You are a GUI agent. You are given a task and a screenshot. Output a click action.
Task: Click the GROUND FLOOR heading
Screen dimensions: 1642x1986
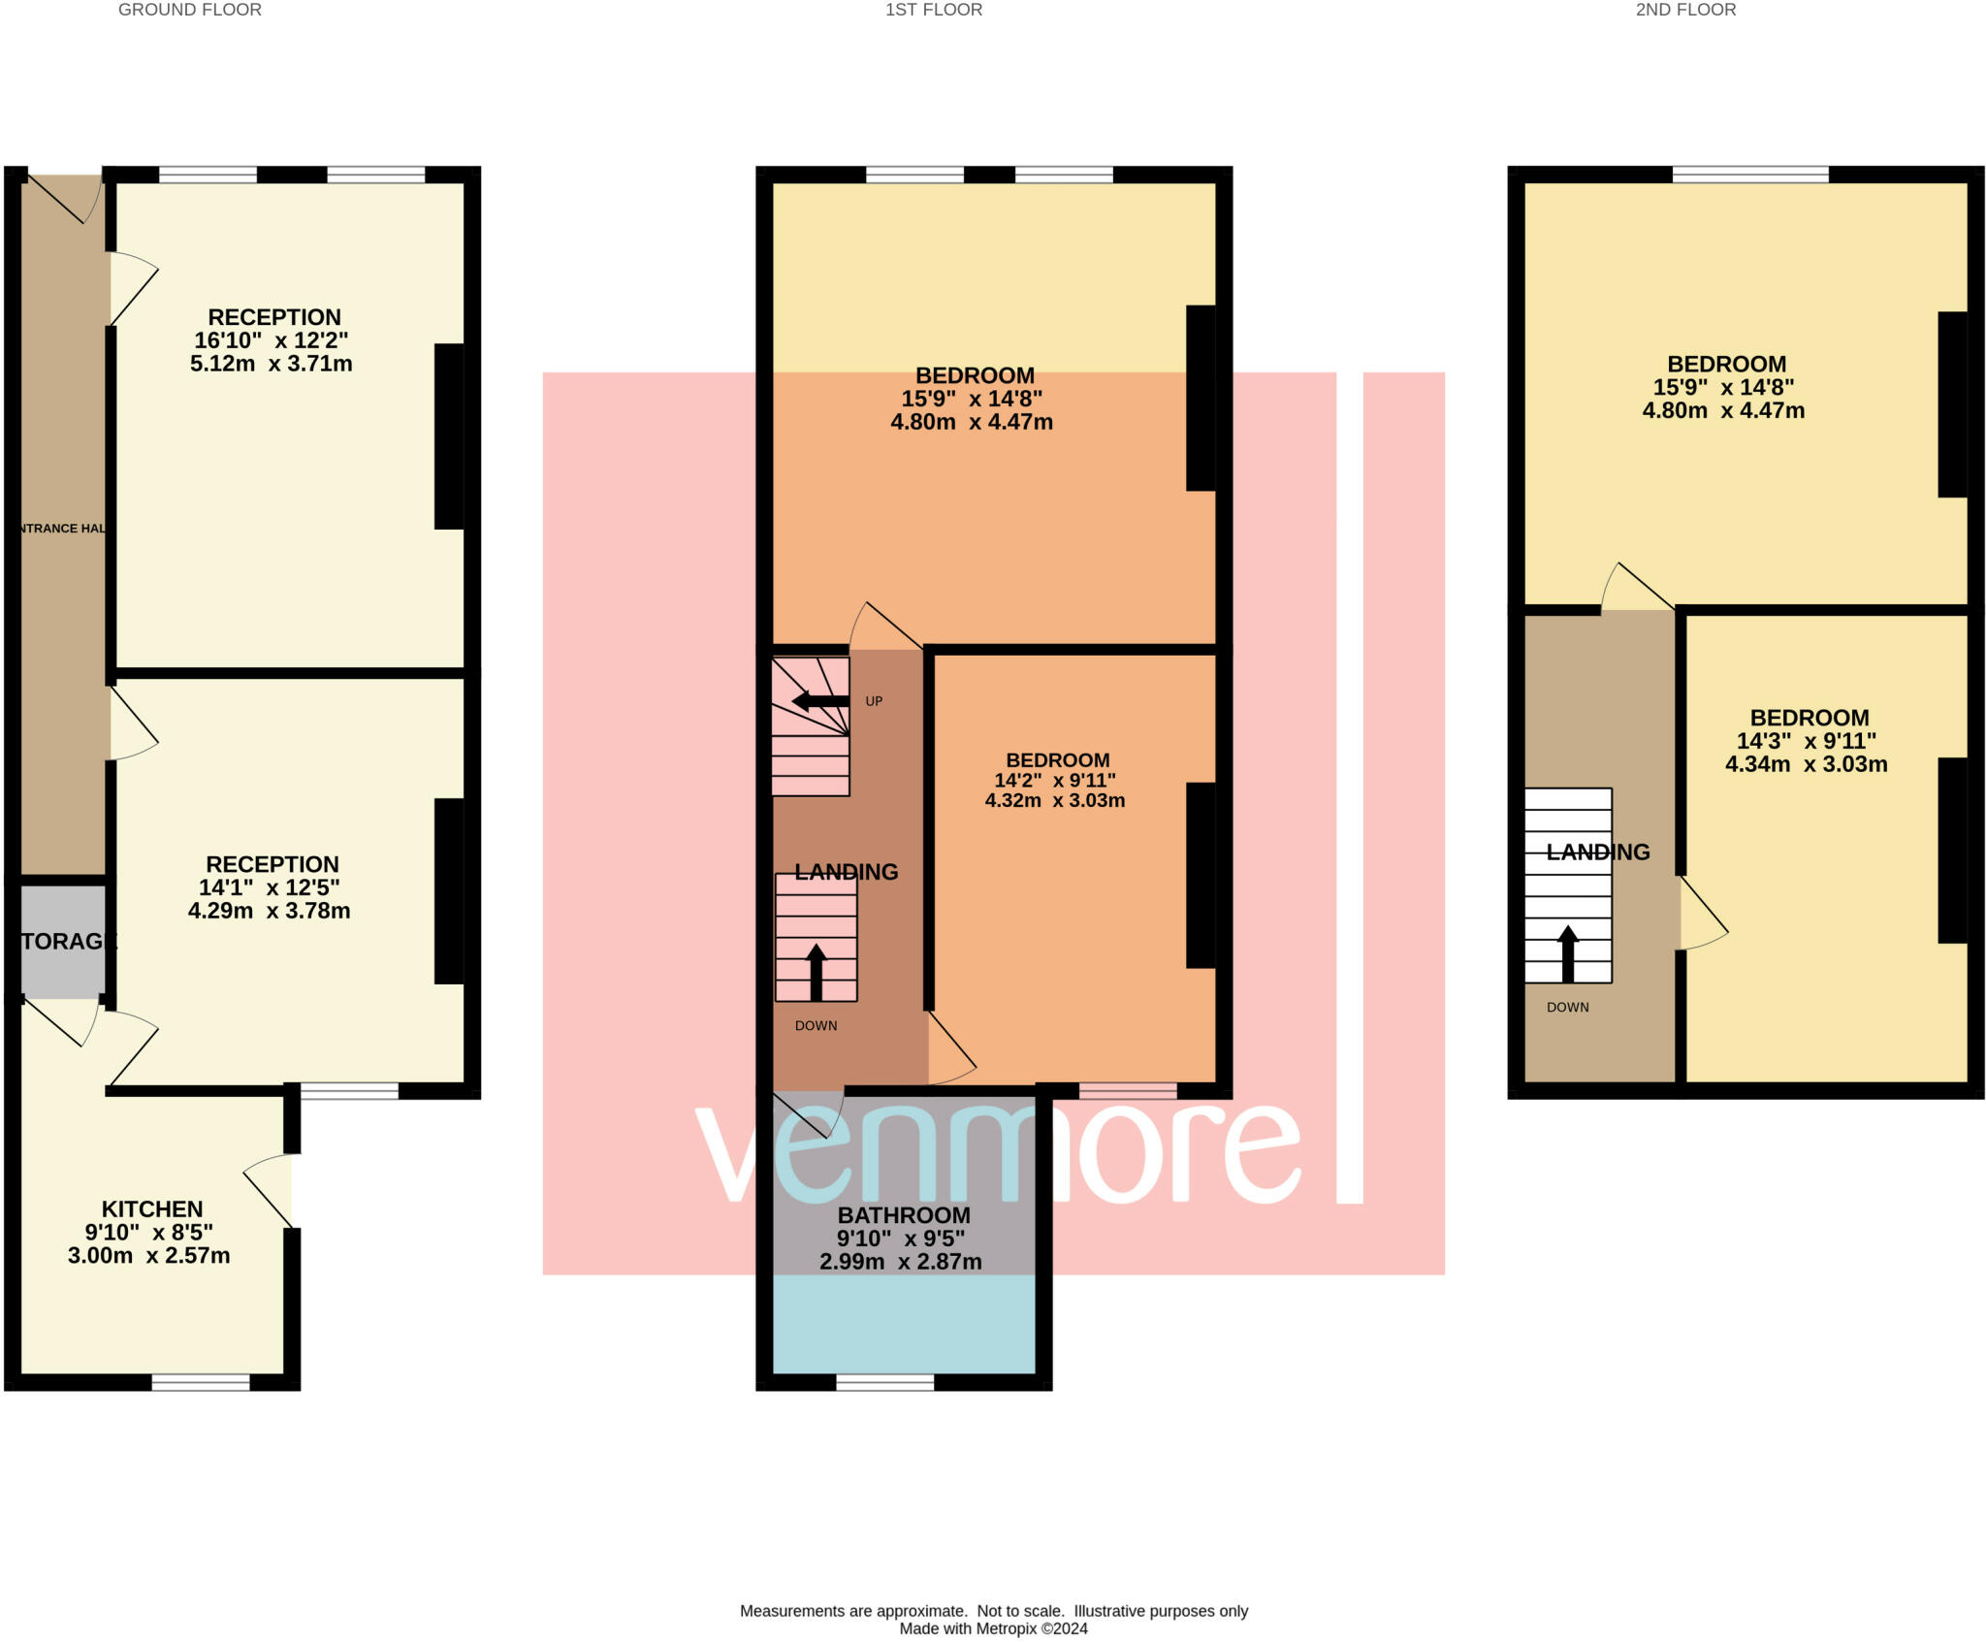tap(189, 10)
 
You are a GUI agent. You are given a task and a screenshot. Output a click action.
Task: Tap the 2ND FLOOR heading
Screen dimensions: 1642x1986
tap(1685, 10)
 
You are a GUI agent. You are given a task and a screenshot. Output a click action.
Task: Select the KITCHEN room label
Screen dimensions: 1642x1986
tap(152, 1208)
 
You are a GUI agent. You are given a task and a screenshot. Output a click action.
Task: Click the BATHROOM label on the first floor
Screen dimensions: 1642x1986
tap(904, 1214)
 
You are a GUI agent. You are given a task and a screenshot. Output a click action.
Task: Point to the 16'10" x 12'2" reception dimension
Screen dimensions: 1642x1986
tap(272, 340)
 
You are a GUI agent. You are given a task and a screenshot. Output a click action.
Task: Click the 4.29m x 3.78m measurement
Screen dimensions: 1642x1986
tap(269, 911)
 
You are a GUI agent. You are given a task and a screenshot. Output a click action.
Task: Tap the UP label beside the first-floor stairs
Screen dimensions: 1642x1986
tap(874, 701)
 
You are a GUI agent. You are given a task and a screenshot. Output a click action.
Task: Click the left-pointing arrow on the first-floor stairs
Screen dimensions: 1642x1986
tap(819, 701)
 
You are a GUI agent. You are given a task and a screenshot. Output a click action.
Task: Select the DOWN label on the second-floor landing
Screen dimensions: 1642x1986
tap(1567, 1007)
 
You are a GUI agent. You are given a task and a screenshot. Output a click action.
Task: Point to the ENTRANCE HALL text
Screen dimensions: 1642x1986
tap(62, 529)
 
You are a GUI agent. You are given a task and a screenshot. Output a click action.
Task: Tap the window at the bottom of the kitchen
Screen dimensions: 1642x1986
tap(201, 1382)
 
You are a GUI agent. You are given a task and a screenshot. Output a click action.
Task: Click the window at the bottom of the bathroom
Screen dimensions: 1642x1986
tap(884, 1382)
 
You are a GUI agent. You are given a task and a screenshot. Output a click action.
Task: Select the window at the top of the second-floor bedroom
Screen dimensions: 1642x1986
tap(1750, 175)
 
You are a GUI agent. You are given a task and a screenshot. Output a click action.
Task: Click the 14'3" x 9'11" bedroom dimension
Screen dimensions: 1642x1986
tap(1806, 741)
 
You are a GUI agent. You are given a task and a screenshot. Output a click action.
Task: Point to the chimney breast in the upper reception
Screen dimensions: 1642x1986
tap(448, 436)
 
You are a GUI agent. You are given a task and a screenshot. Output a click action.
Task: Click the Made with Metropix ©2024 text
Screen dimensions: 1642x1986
tap(993, 1628)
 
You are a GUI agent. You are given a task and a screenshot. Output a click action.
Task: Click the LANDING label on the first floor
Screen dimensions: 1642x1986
tap(846, 872)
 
